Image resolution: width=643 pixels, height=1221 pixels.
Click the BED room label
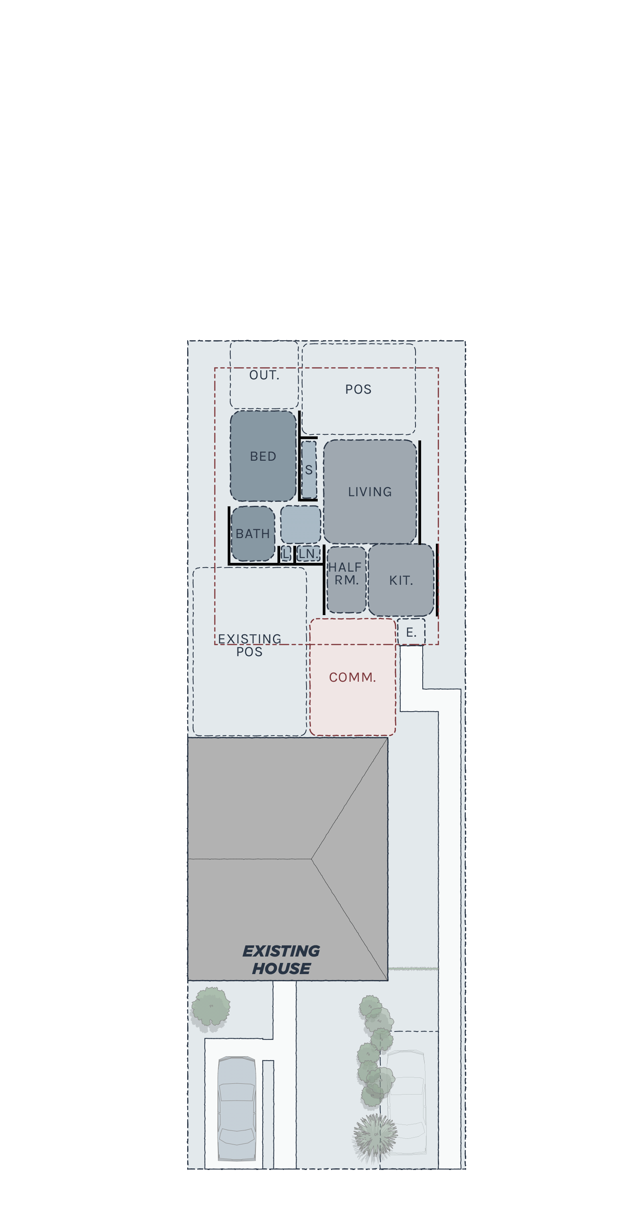pos(263,456)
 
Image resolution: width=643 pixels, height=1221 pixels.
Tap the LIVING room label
pos(370,491)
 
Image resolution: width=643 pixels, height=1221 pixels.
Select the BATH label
pos(253,534)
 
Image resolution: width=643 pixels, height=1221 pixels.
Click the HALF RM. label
pos(345,574)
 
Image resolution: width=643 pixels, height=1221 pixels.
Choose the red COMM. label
pos(352,677)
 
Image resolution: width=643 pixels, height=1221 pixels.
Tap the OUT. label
pos(264,375)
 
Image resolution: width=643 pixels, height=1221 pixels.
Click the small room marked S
pos(309,470)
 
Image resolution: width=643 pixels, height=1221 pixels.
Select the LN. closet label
pos(308,554)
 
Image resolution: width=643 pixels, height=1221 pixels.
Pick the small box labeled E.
pos(411,632)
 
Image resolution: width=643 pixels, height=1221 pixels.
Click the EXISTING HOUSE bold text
pos(281,960)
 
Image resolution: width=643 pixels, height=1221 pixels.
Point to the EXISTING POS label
pos(249,645)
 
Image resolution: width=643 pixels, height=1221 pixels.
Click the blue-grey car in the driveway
pos(237,1109)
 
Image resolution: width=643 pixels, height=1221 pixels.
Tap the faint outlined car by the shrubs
pos(406,1102)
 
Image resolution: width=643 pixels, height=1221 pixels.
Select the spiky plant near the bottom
pos(375,1138)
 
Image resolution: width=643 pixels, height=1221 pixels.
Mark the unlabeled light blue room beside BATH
pos(301,524)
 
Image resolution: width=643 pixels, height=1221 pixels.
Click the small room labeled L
pos(285,554)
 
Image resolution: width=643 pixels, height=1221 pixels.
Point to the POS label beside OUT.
pos(358,389)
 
